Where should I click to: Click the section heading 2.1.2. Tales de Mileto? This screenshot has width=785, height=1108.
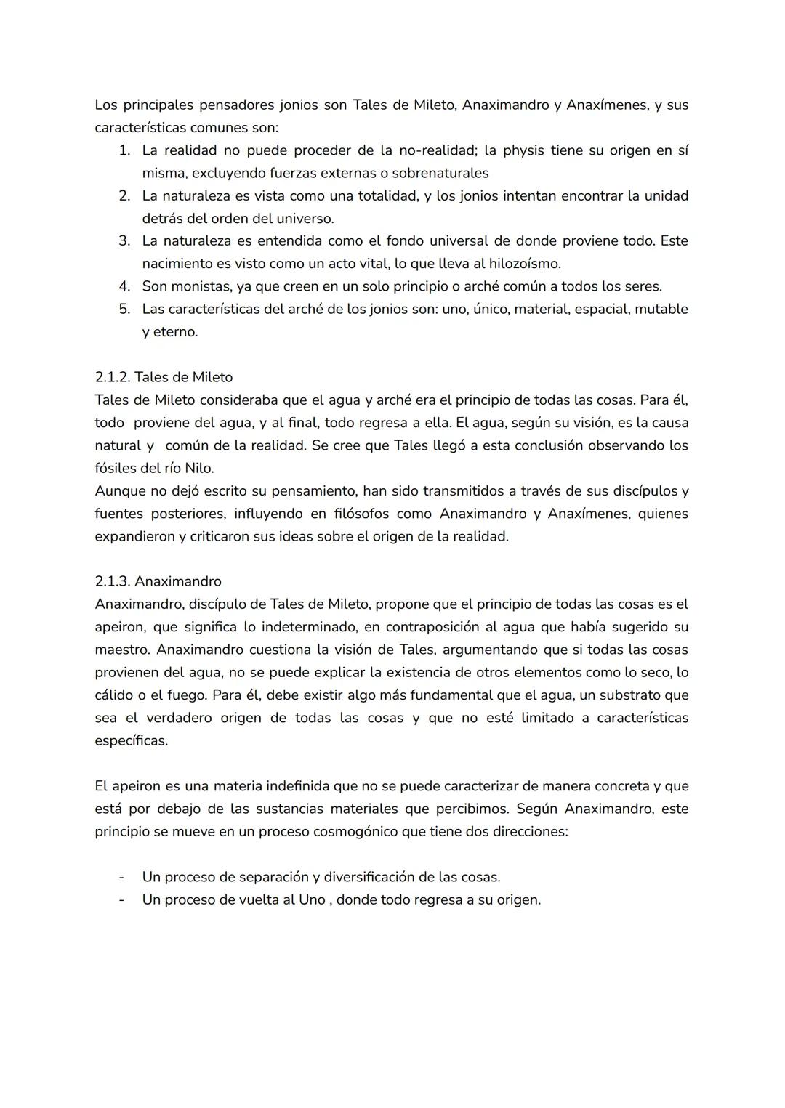(164, 377)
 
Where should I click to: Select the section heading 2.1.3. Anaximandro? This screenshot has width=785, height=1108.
(158, 581)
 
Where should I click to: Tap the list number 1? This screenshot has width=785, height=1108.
(124, 150)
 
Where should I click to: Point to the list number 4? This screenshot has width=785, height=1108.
(124, 286)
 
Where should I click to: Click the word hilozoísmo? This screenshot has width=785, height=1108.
(524, 264)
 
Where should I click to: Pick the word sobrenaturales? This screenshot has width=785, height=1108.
(440, 173)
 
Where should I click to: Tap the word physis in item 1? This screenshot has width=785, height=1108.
(523, 150)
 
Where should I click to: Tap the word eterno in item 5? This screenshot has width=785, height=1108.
(174, 332)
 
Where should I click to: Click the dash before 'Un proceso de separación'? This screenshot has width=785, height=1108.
(121, 877)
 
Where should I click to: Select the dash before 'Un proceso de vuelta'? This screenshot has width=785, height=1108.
(121, 899)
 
